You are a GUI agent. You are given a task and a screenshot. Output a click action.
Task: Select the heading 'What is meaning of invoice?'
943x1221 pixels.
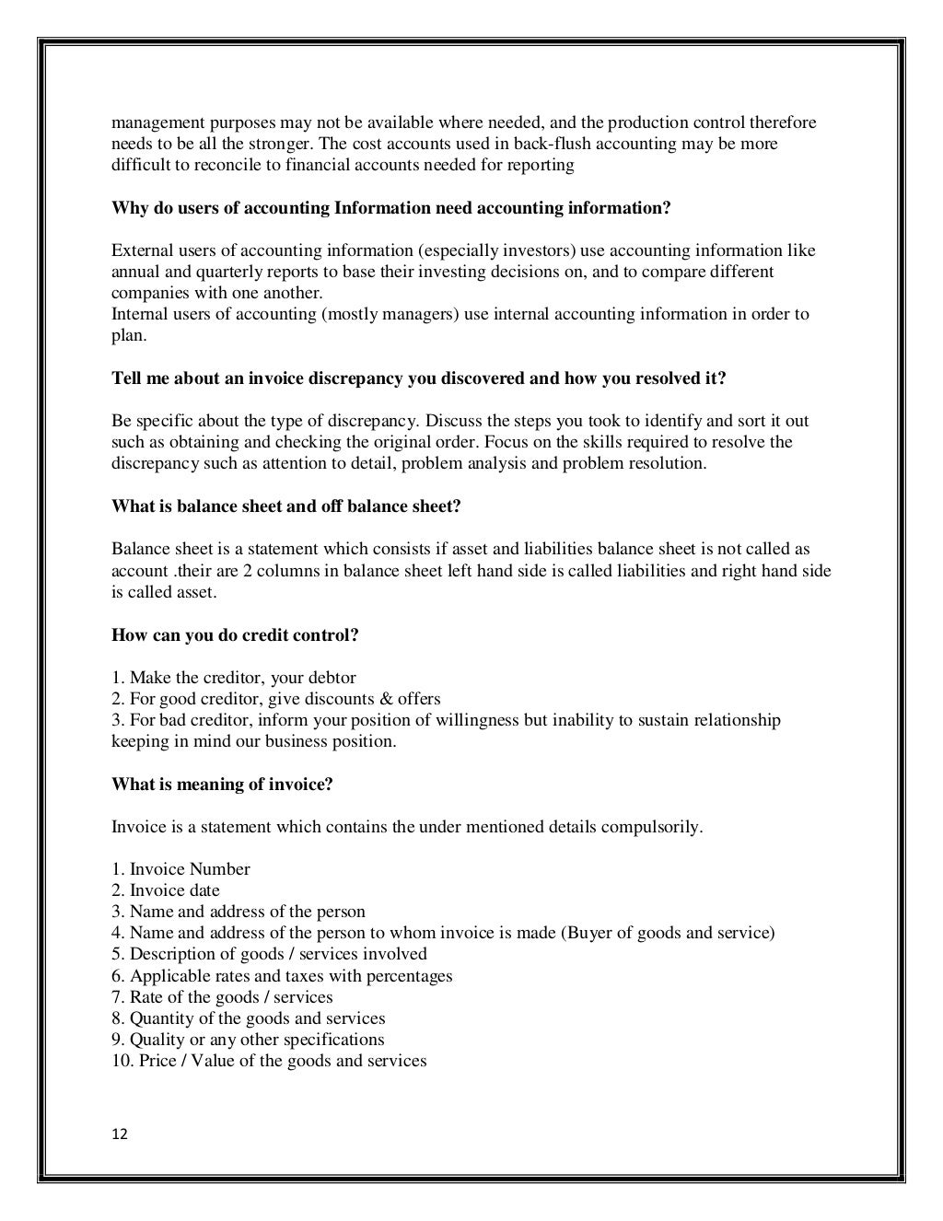point(222,785)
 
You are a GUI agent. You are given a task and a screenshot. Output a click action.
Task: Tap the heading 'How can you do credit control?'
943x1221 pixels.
point(235,635)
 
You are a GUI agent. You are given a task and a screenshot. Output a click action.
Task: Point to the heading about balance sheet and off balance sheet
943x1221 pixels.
point(285,506)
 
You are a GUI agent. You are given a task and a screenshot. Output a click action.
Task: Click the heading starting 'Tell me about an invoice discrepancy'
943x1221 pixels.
point(419,378)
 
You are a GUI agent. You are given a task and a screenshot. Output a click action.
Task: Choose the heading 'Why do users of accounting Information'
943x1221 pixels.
point(391,208)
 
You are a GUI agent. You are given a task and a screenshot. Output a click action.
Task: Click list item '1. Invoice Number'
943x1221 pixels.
point(180,869)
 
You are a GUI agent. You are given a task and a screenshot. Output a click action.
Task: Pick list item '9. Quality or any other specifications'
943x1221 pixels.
point(248,1040)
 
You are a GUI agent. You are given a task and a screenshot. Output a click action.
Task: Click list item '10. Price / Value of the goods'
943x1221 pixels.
point(269,1061)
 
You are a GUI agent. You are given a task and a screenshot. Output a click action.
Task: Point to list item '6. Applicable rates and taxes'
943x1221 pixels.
point(282,976)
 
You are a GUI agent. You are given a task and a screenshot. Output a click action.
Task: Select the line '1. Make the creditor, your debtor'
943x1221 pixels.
point(234,678)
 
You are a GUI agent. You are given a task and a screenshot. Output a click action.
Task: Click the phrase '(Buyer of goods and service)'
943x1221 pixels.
point(667,933)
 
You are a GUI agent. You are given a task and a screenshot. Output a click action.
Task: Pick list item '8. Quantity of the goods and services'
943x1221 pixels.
point(249,1018)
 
